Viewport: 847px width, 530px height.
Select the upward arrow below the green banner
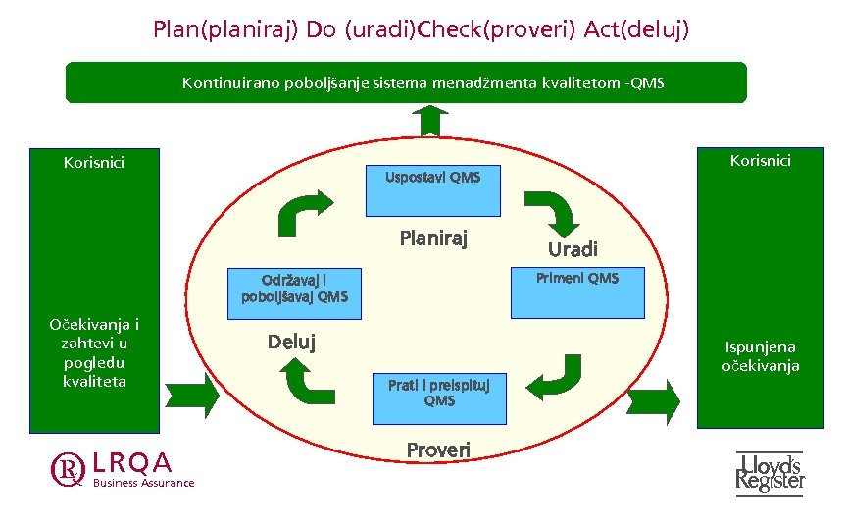click(429, 122)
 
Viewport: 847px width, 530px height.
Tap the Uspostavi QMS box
click(432, 190)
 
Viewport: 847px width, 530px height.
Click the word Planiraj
click(433, 238)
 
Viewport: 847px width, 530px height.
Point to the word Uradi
click(573, 249)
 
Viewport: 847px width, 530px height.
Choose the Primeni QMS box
click(577, 292)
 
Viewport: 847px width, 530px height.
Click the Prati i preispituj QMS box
click(439, 397)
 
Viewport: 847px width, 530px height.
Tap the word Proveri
click(438, 450)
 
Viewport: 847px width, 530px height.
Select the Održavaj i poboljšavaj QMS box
click(294, 292)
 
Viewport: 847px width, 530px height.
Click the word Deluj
click(291, 342)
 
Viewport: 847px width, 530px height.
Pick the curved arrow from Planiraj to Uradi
click(551, 209)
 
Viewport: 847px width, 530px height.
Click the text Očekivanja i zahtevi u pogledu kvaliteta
click(94, 352)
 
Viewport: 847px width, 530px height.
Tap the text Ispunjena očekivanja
click(761, 356)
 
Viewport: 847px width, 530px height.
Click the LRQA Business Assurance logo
click(123, 469)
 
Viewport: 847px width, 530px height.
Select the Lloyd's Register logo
click(770, 472)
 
